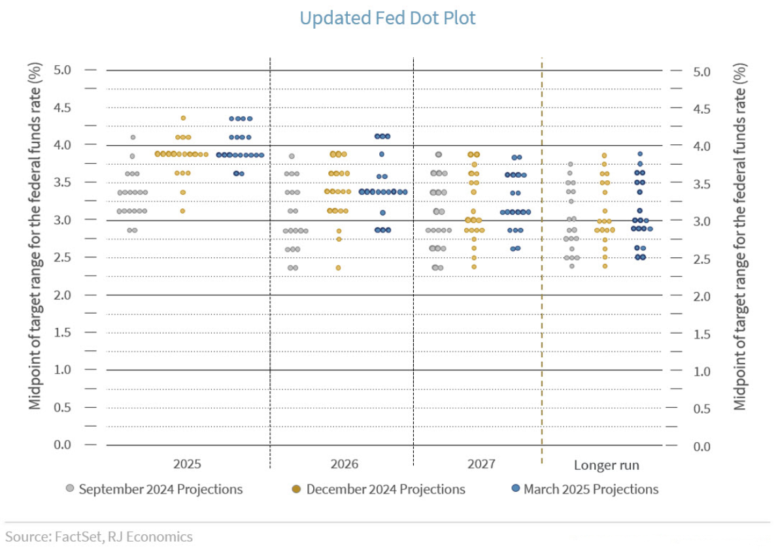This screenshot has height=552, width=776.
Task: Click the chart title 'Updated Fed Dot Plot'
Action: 388,18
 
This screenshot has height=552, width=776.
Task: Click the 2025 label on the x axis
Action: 187,464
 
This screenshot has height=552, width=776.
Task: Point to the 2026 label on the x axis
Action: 344,464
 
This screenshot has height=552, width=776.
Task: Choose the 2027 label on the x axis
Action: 481,464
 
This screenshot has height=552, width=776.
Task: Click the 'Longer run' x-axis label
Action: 606,466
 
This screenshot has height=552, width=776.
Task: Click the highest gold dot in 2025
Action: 183,118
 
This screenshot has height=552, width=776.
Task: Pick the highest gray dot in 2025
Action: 133,137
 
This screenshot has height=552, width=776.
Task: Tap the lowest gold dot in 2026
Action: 338,268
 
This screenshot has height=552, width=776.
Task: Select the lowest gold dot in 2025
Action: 182,211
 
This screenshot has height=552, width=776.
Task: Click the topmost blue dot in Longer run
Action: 640,154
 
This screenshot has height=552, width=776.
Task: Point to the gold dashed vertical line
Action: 542,261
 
